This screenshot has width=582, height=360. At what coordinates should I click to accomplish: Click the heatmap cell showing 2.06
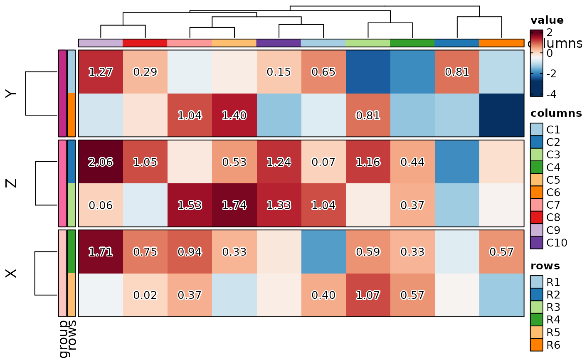pos(101,162)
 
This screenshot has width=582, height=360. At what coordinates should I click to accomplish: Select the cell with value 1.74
pos(234,205)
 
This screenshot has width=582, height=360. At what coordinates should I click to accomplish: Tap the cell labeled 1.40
pos(234,115)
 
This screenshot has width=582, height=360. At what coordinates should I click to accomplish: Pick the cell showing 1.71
pos(101,252)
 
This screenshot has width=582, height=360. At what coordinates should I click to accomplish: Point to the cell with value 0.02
pos(145,295)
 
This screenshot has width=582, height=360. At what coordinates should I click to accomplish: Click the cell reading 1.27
pos(101,72)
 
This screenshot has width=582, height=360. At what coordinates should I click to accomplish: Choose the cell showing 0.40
pos(323,295)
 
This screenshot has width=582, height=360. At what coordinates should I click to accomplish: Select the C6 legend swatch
pos(537,192)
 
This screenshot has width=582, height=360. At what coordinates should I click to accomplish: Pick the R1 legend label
pos(553,282)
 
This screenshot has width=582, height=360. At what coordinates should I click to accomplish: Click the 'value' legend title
pos(547,20)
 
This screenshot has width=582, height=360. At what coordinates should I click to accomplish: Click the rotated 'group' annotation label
pos(64,339)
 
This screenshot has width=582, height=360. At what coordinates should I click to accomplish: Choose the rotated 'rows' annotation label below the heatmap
pos(72,335)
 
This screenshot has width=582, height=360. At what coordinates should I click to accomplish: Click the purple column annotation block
pos(279,43)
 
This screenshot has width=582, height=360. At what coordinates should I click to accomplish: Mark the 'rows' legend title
pos(545,266)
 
